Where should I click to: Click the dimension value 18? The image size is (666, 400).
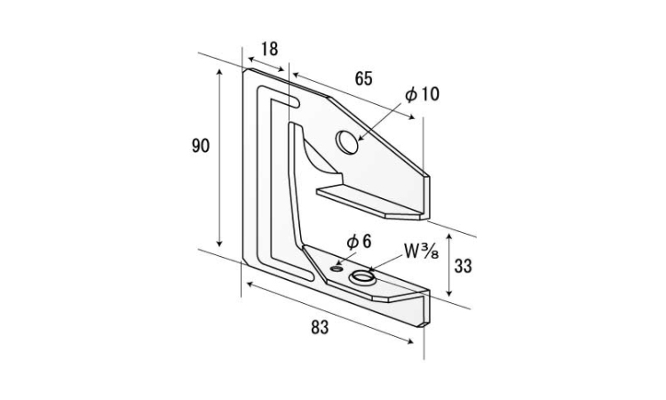tap(269, 49)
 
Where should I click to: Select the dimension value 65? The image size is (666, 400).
tap(363, 78)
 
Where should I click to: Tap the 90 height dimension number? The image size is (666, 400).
tap(201, 146)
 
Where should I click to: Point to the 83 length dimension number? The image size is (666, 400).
tap(320, 327)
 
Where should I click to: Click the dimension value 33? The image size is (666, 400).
tap(463, 266)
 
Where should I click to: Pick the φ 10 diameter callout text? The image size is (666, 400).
tap(422, 94)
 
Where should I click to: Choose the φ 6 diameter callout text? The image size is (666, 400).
tap(359, 242)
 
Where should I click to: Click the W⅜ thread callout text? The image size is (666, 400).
tap(421, 252)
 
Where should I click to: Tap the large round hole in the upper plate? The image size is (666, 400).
tap(346, 142)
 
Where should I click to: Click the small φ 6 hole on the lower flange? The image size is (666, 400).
tap(337, 268)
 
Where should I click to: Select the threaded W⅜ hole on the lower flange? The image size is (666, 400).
tap(363, 278)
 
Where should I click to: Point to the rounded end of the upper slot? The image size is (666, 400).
tap(296, 102)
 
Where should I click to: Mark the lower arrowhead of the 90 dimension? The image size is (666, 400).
tap(219, 244)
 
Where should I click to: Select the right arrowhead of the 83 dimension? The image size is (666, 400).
tap(410, 341)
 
